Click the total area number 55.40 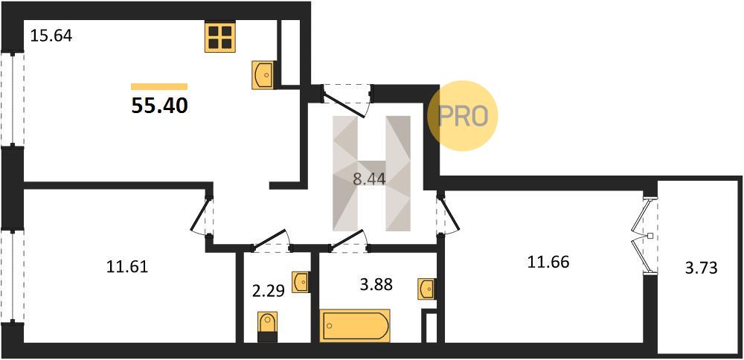(159, 106)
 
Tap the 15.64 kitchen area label (51, 36)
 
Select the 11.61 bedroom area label (127, 267)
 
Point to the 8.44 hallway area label (369, 179)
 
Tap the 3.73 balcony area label (700, 269)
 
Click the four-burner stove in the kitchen (220, 37)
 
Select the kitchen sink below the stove (263, 74)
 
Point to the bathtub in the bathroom (355, 325)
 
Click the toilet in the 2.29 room (268, 327)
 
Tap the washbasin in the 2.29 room (301, 283)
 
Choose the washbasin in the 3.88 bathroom (426, 289)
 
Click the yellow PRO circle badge (463, 116)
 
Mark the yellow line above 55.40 (159, 86)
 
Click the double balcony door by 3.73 (643, 235)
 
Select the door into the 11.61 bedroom (202, 216)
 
